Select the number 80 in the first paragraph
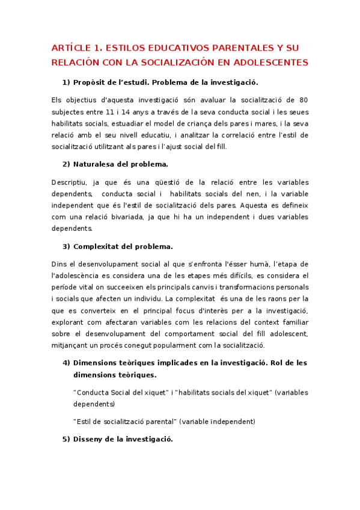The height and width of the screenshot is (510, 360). [304, 99]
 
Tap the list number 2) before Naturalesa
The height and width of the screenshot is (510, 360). [66, 164]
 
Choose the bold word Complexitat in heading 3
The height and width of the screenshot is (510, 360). [101, 246]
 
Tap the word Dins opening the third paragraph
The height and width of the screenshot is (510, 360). [59, 263]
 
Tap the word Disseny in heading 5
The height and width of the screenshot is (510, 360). [91, 439]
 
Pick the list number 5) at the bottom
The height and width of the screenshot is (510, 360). [66, 439]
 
